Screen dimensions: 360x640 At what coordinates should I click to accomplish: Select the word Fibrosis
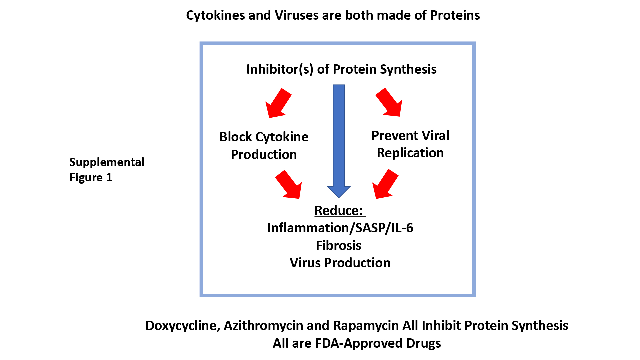[x=338, y=246]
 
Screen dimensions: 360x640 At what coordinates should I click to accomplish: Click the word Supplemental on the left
[x=107, y=162]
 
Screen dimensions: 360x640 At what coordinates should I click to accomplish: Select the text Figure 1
[x=91, y=178]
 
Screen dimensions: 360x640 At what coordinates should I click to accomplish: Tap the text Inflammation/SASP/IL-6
[x=340, y=228]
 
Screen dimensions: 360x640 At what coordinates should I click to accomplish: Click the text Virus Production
[x=340, y=263]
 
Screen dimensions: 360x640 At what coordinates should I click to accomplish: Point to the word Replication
[x=410, y=153]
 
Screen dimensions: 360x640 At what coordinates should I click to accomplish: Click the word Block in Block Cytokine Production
[x=235, y=137]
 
